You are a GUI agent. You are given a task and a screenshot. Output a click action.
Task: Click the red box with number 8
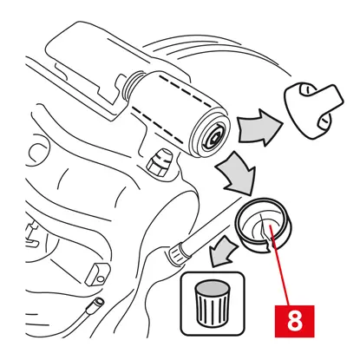point(294,321)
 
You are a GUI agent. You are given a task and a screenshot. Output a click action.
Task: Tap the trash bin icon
point(212,303)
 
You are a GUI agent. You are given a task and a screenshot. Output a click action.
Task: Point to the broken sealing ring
point(263,225)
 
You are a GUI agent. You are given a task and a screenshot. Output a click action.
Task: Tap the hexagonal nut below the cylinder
point(159,162)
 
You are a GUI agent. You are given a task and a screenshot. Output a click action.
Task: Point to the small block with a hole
point(97,273)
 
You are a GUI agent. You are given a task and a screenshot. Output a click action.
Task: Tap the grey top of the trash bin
point(212,287)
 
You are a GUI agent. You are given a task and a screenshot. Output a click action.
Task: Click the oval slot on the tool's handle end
point(324,121)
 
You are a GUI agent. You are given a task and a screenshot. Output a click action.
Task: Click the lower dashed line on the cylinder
point(157,125)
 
